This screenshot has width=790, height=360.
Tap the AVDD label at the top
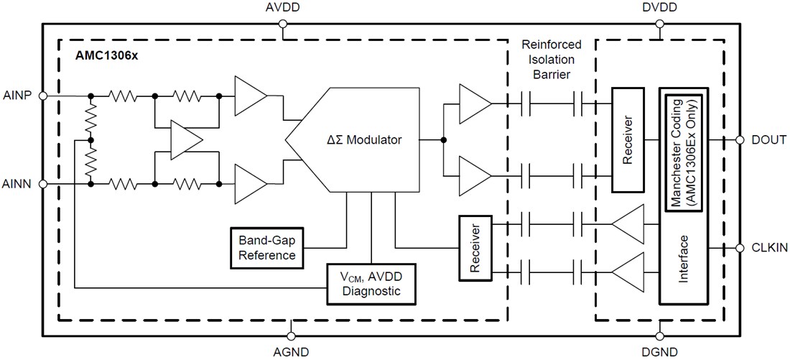coord(283,8)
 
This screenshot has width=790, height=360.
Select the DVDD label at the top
coord(659,8)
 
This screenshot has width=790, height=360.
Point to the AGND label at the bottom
coord(291,352)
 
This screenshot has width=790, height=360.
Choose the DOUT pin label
coord(768,141)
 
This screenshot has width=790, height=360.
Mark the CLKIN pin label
coord(768,248)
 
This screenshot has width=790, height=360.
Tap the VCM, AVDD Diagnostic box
coord(371,283)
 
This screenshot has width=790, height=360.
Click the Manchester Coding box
coord(684,152)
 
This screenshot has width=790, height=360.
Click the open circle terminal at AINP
coord(43,95)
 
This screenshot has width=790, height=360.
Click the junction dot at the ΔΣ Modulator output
coord(444,140)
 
